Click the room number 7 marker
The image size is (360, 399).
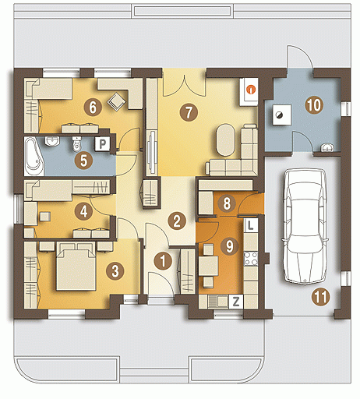pyautogui.click(x=189, y=112)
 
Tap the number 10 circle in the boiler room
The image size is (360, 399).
pyautogui.click(x=314, y=105)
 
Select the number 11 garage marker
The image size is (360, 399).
pyautogui.click(x=321, y=297)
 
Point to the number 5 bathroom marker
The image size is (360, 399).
pyautogui.click(x=83, y=161)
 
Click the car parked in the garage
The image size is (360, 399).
pyautogui.click(x=305, y=226)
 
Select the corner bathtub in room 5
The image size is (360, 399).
pyautogui.click(x=34, y=157)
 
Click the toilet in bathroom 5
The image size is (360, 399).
pyautogui.click(x=76, y=144)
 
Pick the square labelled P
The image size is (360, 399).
pyautogui.click(x=102, y=143)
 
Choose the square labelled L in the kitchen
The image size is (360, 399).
pyautogui.click(x=250, y=225)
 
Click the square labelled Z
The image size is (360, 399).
pyautogui.click(x=236, y=302)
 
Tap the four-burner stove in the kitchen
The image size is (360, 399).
pyautogui.click(x=251, y=259)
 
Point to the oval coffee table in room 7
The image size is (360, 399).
pyautogui.click(x=226, y=140)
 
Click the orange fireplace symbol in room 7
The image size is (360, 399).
pyautogui.click(x=251, y=90)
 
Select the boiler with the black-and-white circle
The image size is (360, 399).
pyautogui.click(x=281, y=115)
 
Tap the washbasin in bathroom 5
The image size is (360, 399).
pyautogui.click(x=52, y=141)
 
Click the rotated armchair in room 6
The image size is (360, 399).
pyautogui.click(x=117, y=101)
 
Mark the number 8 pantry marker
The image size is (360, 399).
pyautogui.click(x=227, y=203)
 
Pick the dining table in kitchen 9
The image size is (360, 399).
pyautogui.click(x=208, y=266)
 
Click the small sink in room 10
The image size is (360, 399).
pyautogui.click(x=327, y=147)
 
